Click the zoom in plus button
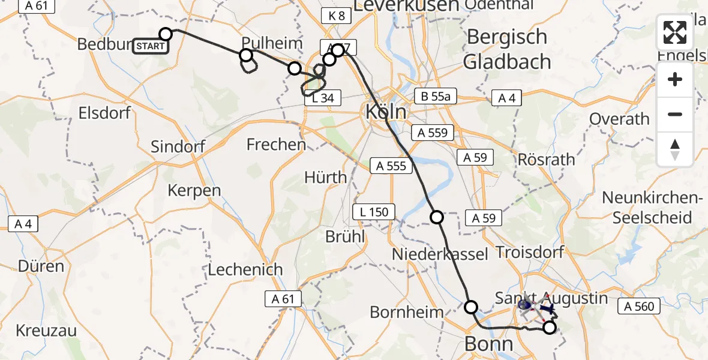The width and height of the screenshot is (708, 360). tap(675, 80)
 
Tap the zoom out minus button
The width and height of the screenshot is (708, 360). tap(675, 114)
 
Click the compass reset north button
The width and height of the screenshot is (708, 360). tap(675, 149)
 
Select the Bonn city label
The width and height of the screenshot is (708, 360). tap(489, 344)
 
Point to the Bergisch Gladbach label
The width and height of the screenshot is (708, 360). tap(507, 49)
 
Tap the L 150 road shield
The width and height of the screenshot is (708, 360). tap(374, 211)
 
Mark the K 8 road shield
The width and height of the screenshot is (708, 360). tap(337, 16)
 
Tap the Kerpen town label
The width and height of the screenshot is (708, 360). tap(194, 190)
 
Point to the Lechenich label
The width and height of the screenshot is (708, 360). tap(245, 269)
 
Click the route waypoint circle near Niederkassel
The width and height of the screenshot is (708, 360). tap(437, 217)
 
